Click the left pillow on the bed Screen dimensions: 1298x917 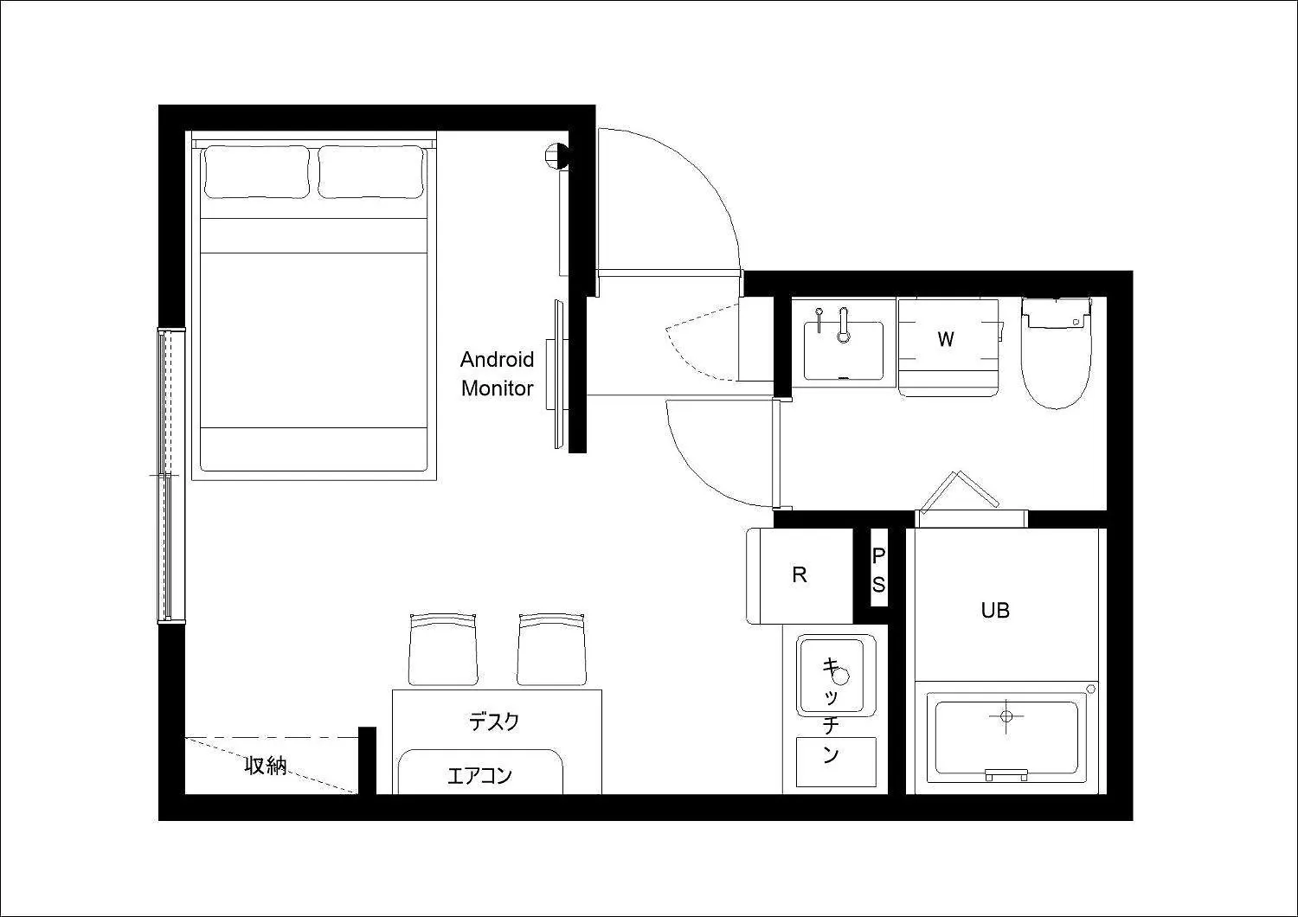[x=256, y=172]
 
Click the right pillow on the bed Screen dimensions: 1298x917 [x=371, y=172]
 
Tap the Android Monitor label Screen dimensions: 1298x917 [x=498, y=374]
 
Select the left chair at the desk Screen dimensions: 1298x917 [x=443, y=650]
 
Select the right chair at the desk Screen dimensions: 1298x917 [x=552, y=650]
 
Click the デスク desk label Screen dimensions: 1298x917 [x=494, y=721]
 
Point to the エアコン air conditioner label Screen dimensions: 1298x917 [x=479, y=776]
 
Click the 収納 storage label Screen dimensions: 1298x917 [x=266, y=766]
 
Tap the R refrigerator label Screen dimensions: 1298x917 [x=799, y=574]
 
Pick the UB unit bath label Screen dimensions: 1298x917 [x=995, y=610]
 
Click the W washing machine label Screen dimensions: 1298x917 [x=946, y=339]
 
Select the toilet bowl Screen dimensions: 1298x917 [x=1057, y=368]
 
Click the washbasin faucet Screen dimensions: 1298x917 [x=843, y=324]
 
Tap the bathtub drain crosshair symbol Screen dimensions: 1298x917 [x=1006, y=716]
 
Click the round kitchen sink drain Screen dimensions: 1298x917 [x=841, y=676]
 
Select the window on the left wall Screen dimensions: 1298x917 [x=171, y=476]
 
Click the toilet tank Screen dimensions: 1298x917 [x=1056, y=313]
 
